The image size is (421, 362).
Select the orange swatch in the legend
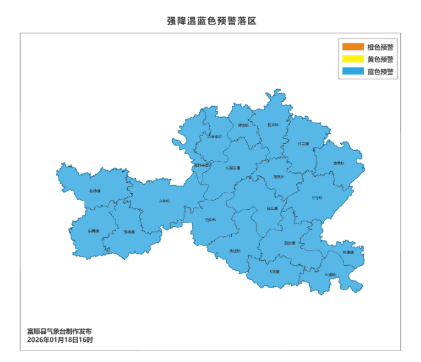[x=351, y=47]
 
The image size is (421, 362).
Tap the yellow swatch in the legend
[x=351, y=59]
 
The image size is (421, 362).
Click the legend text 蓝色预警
[x=380, y=71]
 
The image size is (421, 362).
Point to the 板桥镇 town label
[x=94, y=191]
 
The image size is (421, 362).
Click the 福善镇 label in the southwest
[x=93, y=231]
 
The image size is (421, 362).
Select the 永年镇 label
[x=164, y=201]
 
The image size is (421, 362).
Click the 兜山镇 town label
[x=210, y=219]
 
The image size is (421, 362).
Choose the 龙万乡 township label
[x=278, y=177]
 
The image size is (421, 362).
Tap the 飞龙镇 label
[x=274, y=271]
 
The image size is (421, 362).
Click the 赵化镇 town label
[x=289, y=243]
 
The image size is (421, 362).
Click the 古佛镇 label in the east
[x=316, y=197]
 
